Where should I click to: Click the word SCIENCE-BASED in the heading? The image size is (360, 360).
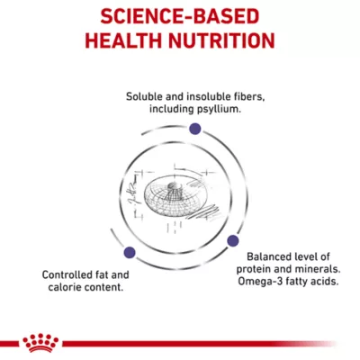180,16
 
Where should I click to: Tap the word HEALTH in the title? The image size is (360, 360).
123,40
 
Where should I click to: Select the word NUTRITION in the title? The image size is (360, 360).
221,40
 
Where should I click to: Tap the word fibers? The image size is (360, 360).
249,96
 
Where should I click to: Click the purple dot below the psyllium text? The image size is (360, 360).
195,129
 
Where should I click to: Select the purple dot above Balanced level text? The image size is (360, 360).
233,240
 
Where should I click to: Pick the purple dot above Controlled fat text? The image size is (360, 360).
130,253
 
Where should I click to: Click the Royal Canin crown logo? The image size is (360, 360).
41,343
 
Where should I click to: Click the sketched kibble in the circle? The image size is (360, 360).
172,195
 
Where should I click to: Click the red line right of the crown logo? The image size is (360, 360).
200,344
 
